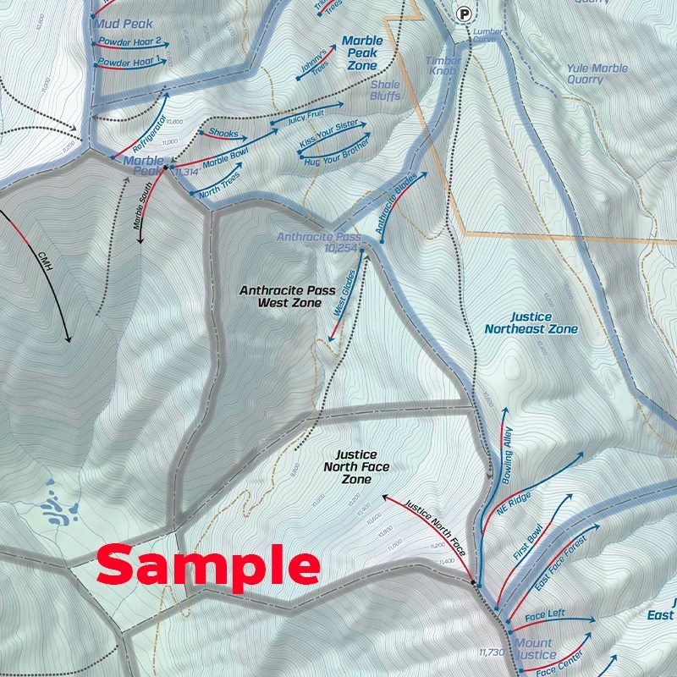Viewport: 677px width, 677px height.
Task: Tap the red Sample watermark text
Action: pos(207,566)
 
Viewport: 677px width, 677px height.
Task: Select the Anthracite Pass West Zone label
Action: pos(280,295)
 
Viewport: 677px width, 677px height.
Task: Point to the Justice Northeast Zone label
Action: pos(531,322)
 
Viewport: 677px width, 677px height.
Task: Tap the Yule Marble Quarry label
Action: pos(597,74)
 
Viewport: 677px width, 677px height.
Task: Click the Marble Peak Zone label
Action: pos(362,52)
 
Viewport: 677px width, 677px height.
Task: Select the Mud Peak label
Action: pos(124,25)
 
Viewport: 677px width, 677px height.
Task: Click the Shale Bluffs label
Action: pos(385,91)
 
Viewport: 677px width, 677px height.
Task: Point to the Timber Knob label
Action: pos(443,66)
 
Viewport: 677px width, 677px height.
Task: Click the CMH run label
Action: pos(45,259)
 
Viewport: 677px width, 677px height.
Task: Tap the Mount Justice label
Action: pos(533,649)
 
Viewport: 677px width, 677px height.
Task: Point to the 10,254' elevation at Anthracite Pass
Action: pos(342,249)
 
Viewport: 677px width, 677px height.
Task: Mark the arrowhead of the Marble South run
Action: pos(141,240)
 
